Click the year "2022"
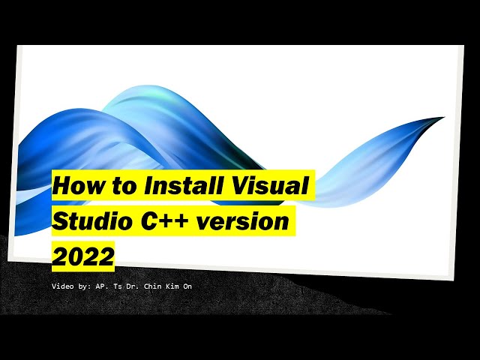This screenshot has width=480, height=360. pos(82,256)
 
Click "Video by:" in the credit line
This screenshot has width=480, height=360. pos(71,286)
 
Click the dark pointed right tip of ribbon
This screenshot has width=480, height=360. pos(440,119)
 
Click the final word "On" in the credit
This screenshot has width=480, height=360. pos(195,286)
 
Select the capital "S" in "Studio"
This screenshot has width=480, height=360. pos(60,221)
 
